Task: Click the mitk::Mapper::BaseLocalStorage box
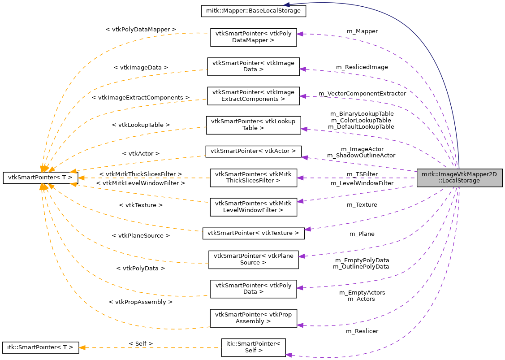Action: (x=253, y=9)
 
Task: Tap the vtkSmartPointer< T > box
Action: (x=41, y=178)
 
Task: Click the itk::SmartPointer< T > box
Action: (x=41, y=347)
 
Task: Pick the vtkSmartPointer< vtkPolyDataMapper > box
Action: (x=253, y=36)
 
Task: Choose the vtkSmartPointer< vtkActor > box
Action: (x=253, y=151)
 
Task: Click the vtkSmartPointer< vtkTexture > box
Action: (x=253, y=233)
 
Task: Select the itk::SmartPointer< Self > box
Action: (x=253, y=347)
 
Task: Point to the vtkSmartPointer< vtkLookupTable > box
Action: (x=253, y=125)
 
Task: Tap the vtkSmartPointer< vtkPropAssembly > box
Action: (x=253, y=318)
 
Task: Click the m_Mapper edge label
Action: (x=362, y=31)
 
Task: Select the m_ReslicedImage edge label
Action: (x=362, y=67)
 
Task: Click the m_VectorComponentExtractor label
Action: (x=362, y=94)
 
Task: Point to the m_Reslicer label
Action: (x=362, y=331)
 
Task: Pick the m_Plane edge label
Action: (x=362, y=234)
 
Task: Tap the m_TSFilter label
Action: (x=362, y=174)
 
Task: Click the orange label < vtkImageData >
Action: (x=141, y=67)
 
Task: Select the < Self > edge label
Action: (x=141, y=343)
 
